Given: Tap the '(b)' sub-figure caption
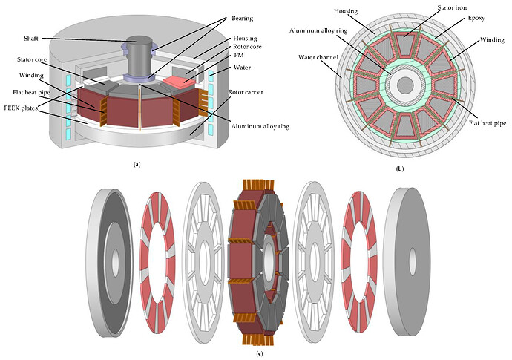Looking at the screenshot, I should (401, 169).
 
